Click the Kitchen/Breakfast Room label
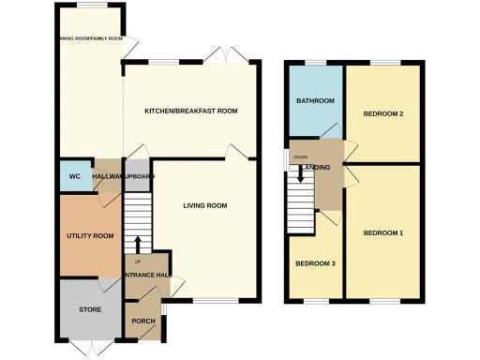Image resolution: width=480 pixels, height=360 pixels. (190, 111)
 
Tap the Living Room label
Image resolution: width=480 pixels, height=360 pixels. (203, 205)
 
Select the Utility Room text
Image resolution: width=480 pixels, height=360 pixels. (90, 236)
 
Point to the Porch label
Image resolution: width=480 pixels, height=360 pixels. (143, 321)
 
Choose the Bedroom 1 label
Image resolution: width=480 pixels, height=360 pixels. (382, 232)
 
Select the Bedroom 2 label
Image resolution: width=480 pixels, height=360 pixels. (382, 114)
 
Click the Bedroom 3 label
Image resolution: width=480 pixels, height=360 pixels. (315, 263)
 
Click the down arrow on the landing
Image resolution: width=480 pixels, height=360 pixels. (300, 173)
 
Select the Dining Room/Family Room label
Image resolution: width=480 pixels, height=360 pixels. (90, 39)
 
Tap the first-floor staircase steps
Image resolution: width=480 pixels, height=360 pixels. (300, 206)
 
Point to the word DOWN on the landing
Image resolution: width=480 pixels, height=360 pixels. (300, 157)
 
